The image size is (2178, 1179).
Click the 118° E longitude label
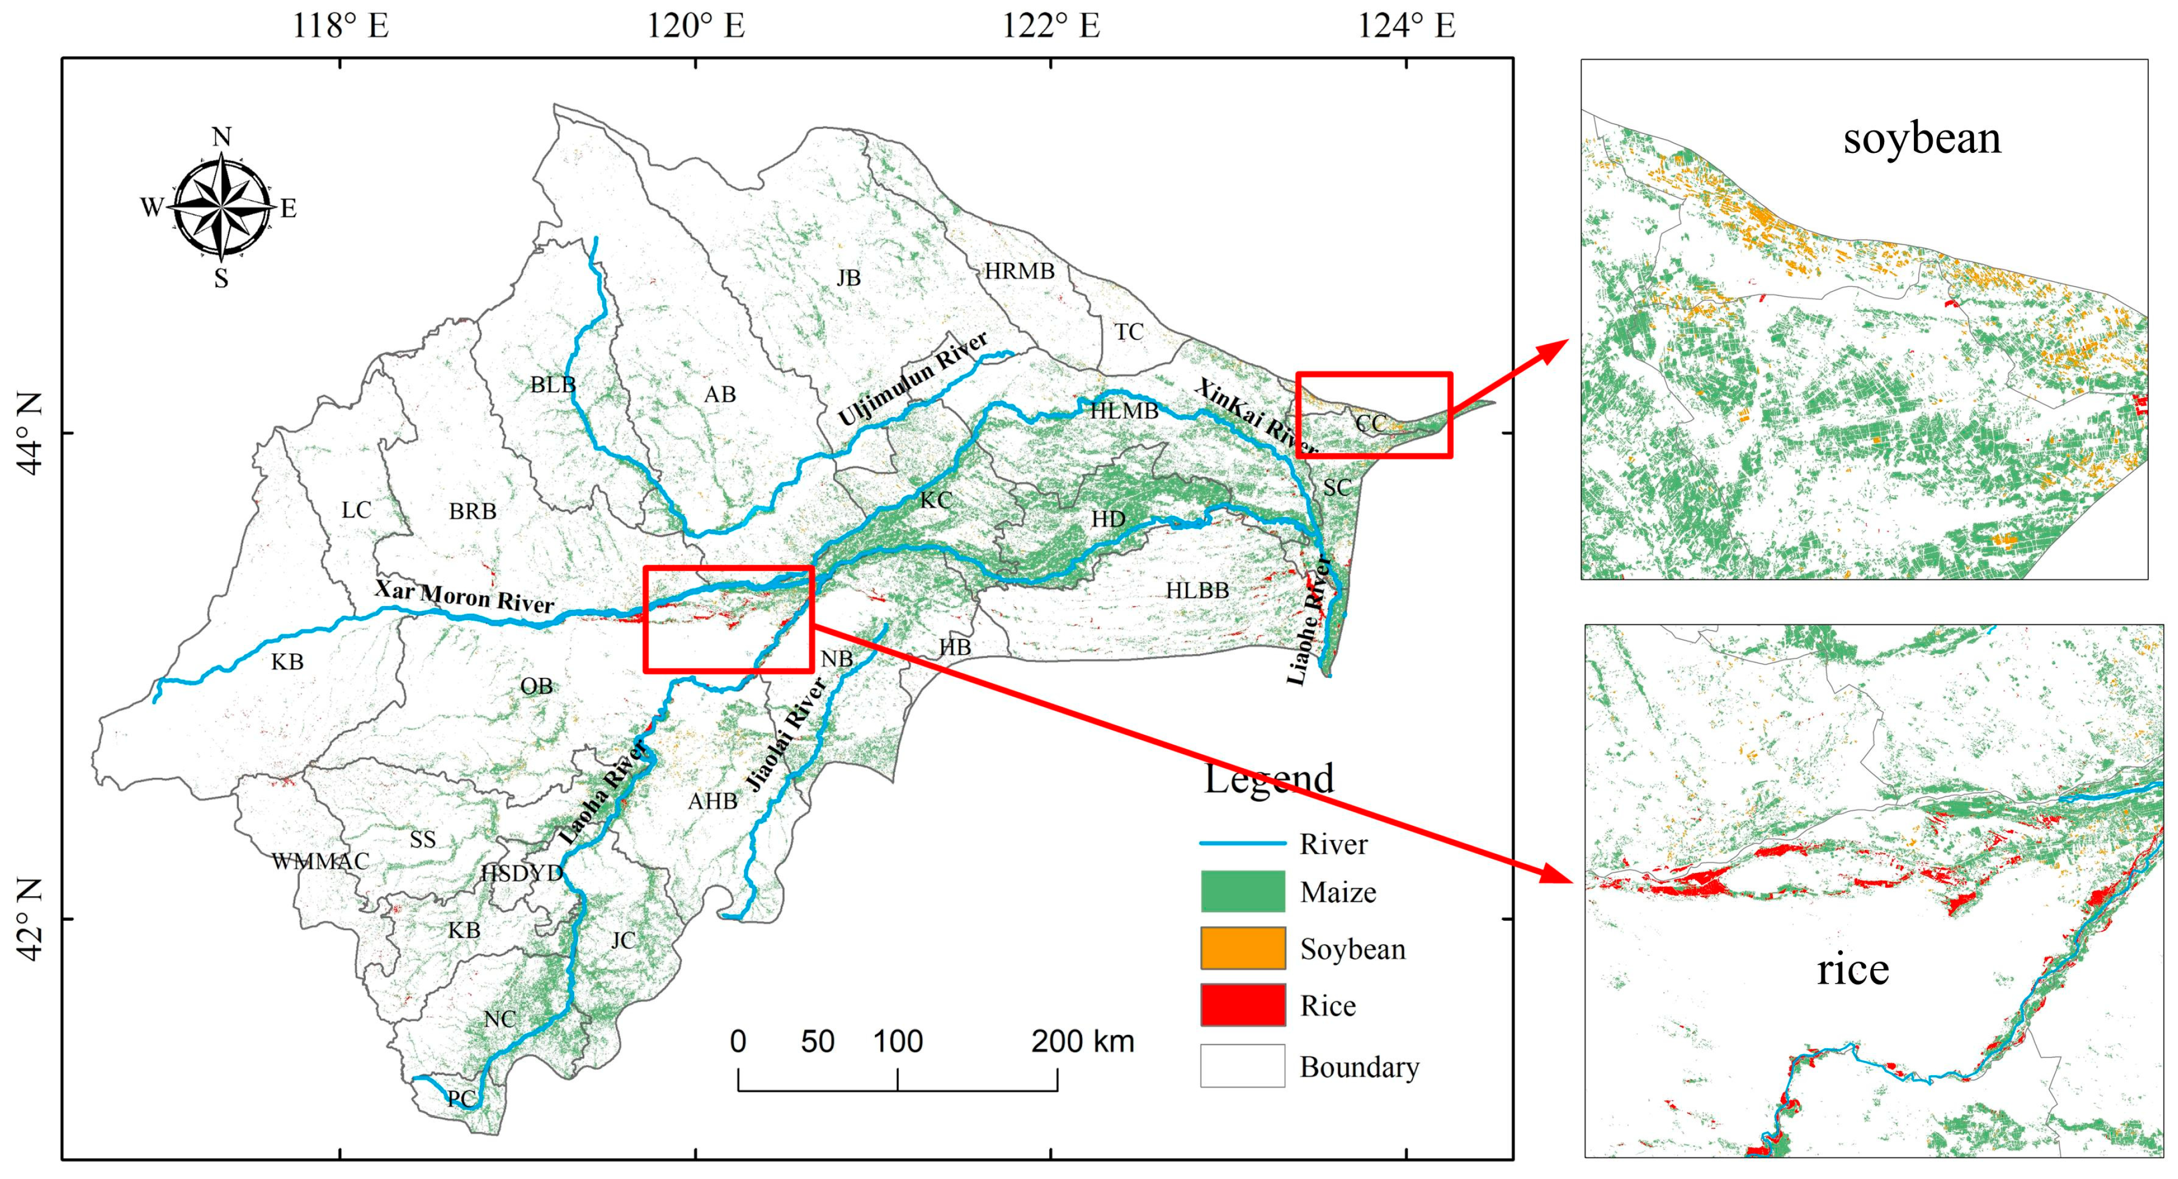340,25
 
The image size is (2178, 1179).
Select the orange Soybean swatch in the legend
1242,948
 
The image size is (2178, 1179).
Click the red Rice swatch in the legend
1242,1005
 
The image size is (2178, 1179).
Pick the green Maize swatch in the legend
1242,892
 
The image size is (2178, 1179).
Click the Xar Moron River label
464,596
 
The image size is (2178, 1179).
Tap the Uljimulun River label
913,378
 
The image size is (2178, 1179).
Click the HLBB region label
1197,591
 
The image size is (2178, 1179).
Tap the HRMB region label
1019,271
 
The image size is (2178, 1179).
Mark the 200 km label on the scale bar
1082,1042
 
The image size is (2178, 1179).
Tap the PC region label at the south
461,1099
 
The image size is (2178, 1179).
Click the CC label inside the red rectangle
1370,423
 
